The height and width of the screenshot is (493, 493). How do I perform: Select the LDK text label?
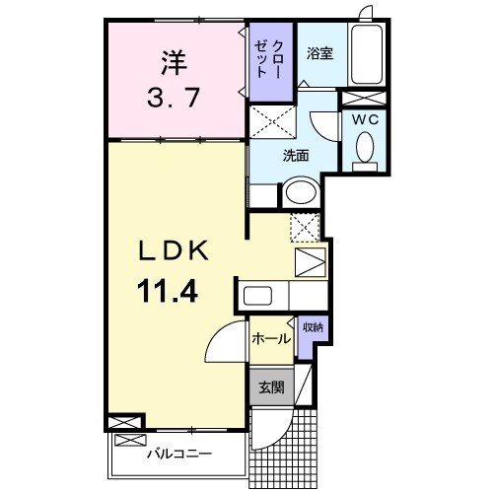coord(173,251)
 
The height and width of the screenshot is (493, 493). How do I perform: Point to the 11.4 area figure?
coord(172,292)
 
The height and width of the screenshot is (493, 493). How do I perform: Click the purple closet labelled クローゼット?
coord(271,61)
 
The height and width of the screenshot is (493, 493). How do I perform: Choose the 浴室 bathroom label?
coord(318,53)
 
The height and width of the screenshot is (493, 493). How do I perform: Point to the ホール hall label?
coord(271,338)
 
